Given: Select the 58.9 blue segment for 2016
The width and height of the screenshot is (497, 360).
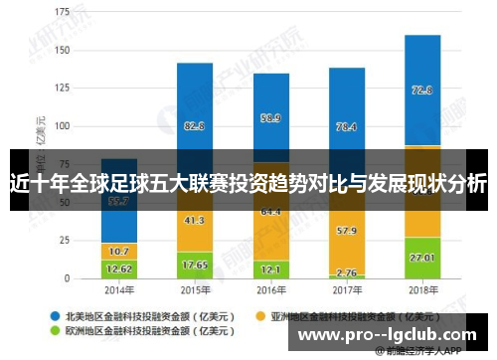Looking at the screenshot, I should (270, 117).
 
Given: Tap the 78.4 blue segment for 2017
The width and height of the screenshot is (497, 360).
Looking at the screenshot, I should (347, 126).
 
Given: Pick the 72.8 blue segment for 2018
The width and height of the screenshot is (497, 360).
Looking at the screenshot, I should (422, 90).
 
